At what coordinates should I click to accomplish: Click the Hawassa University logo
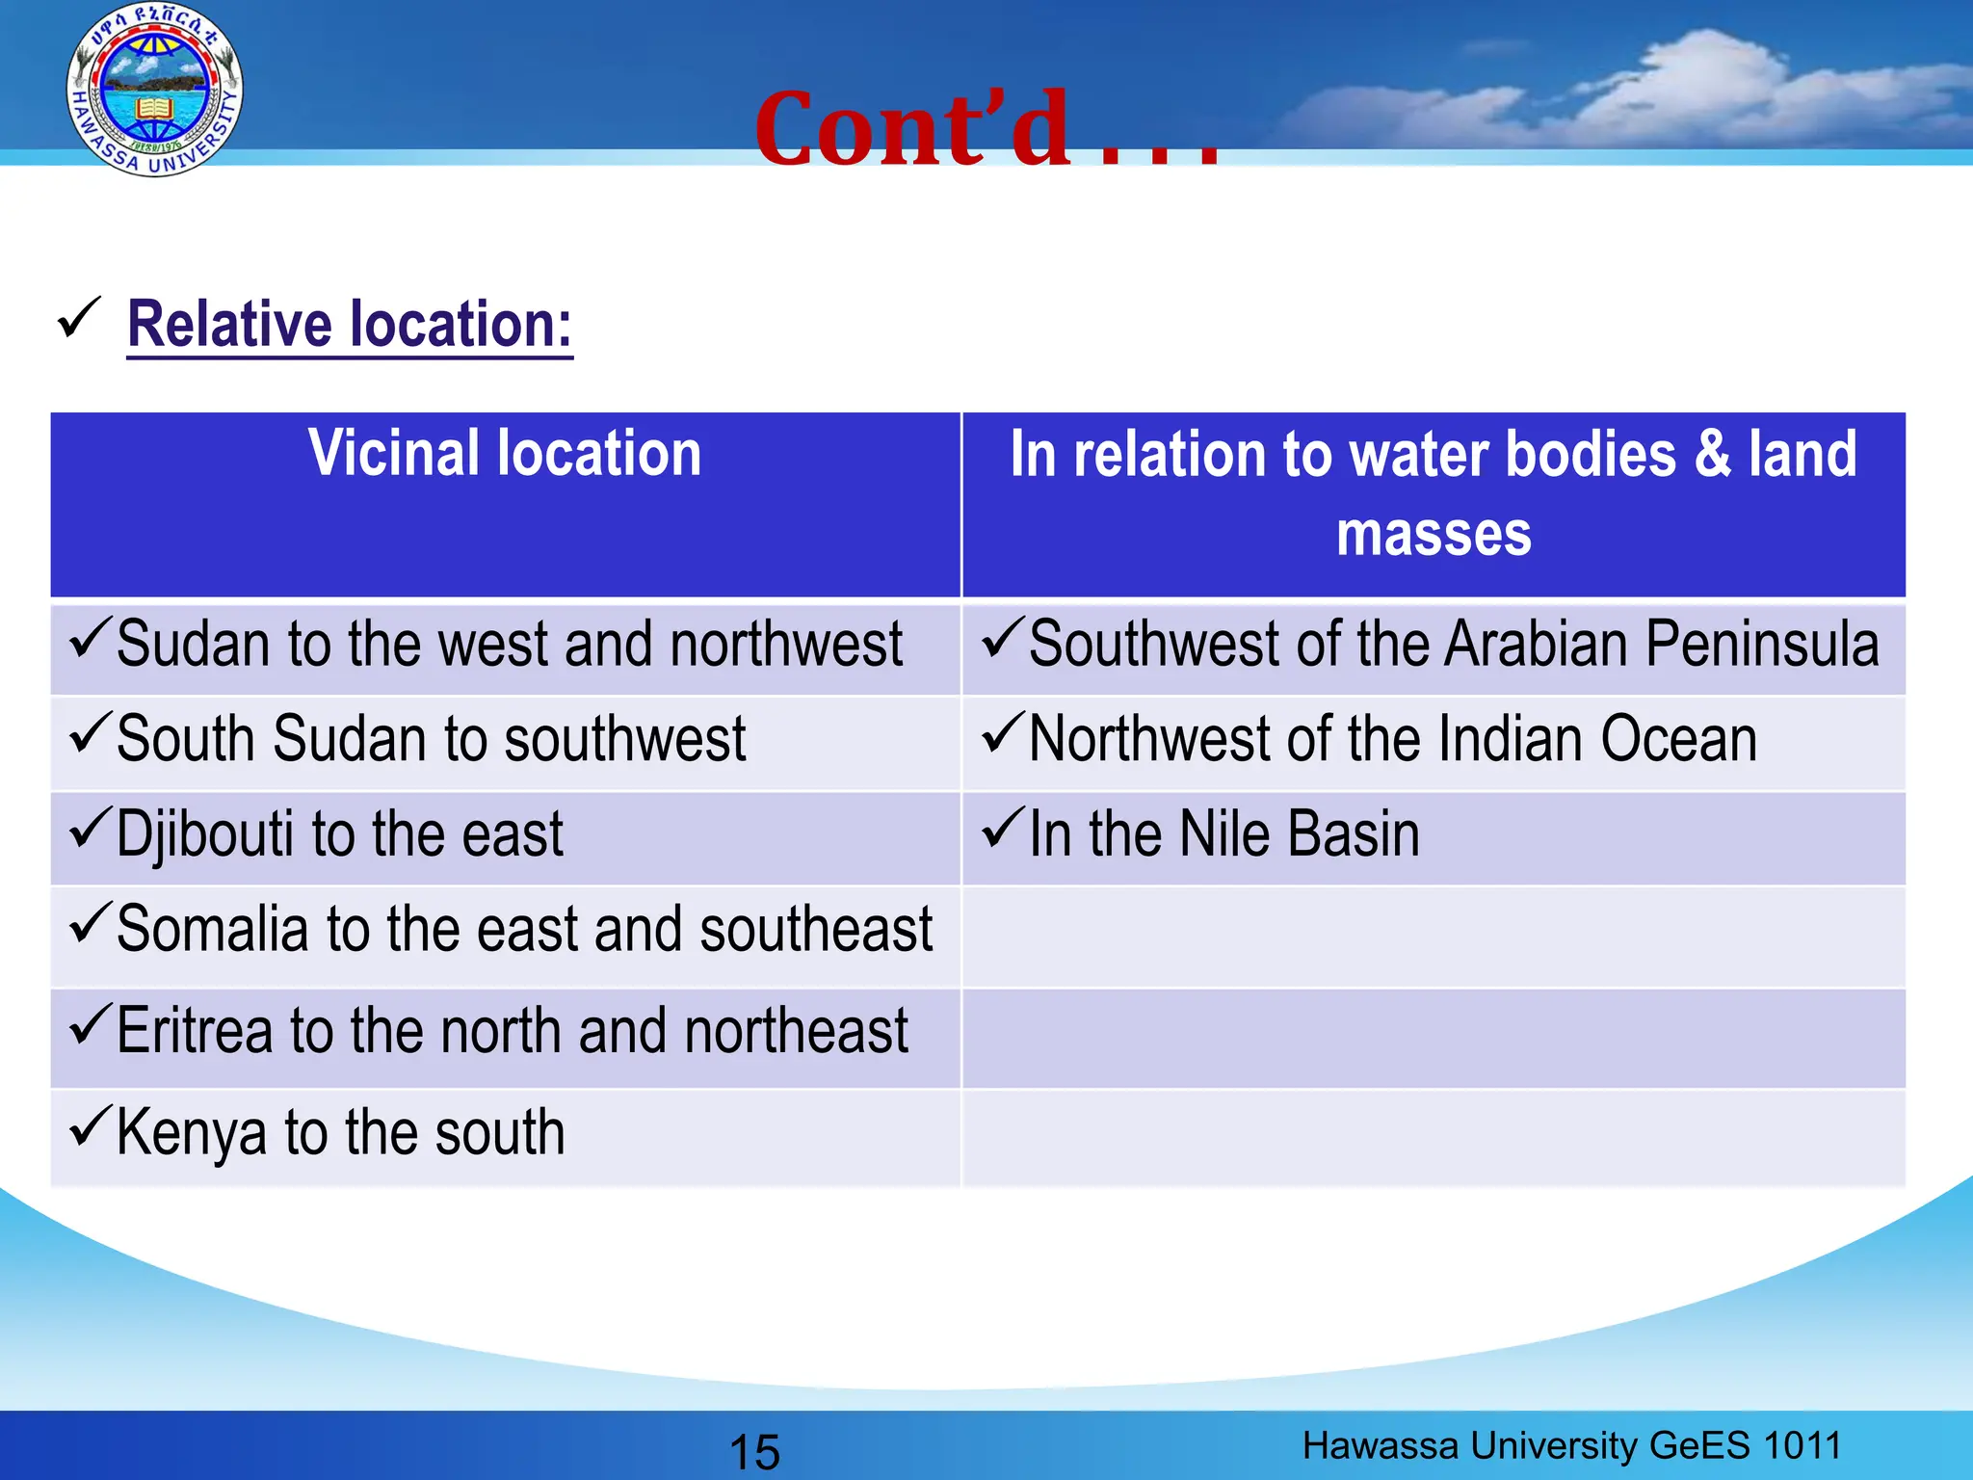[x=154, y=91]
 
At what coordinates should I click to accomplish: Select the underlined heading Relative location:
[x=350, y=325]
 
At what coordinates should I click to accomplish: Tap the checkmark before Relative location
[x=79, y=318]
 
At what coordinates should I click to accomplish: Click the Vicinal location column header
[x=505, y=453]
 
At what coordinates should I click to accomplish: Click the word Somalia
[x=212, y=930]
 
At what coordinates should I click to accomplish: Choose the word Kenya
[x=191, y=1133]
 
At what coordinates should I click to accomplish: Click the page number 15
[x=754, y=1451]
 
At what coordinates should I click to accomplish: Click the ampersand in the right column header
[x=1712, y=453]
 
